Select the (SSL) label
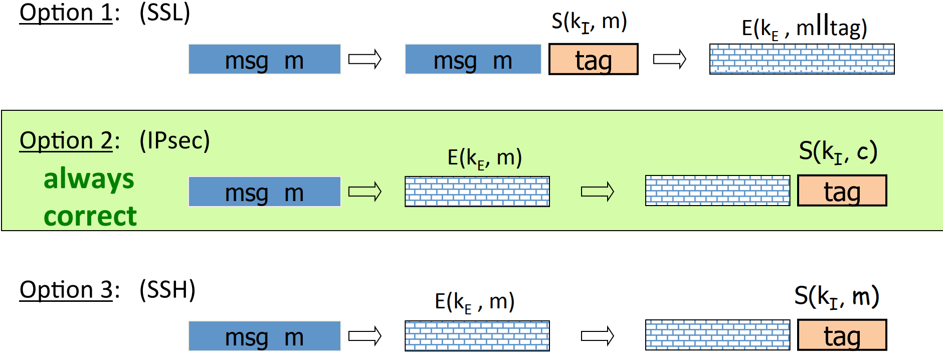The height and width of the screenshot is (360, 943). tap(165, 13)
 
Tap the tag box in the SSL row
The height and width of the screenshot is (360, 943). tap(593, 60)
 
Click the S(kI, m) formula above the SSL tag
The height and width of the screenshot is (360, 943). tap(589, 22)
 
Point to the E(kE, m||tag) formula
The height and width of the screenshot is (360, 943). tap(804, 28)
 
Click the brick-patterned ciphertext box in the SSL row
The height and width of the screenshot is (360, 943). tap(802, 59)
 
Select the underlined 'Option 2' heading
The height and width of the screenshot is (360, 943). tap(66, 140)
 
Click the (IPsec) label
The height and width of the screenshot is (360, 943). tap(174, 140)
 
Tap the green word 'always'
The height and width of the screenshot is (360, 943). tap(89, 179)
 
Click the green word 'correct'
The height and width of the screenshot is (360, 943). tap(90, 217)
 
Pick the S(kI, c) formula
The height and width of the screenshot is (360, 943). tap(838, 151)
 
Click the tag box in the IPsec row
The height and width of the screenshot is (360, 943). tap(842, 191)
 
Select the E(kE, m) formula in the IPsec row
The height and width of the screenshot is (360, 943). tap(484, 158)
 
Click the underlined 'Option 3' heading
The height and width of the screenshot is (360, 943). tap(66, 290)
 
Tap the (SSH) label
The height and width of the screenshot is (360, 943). tap(167, 290)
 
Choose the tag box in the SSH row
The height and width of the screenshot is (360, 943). tap(842, 335)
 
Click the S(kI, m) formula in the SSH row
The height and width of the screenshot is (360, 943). tap(836, 296)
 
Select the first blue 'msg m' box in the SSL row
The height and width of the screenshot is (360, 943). tap(264, 60)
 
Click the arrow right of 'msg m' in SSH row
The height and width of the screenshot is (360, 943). tap(365, 335)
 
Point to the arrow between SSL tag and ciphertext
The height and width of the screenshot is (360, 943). tap(669, 59)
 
